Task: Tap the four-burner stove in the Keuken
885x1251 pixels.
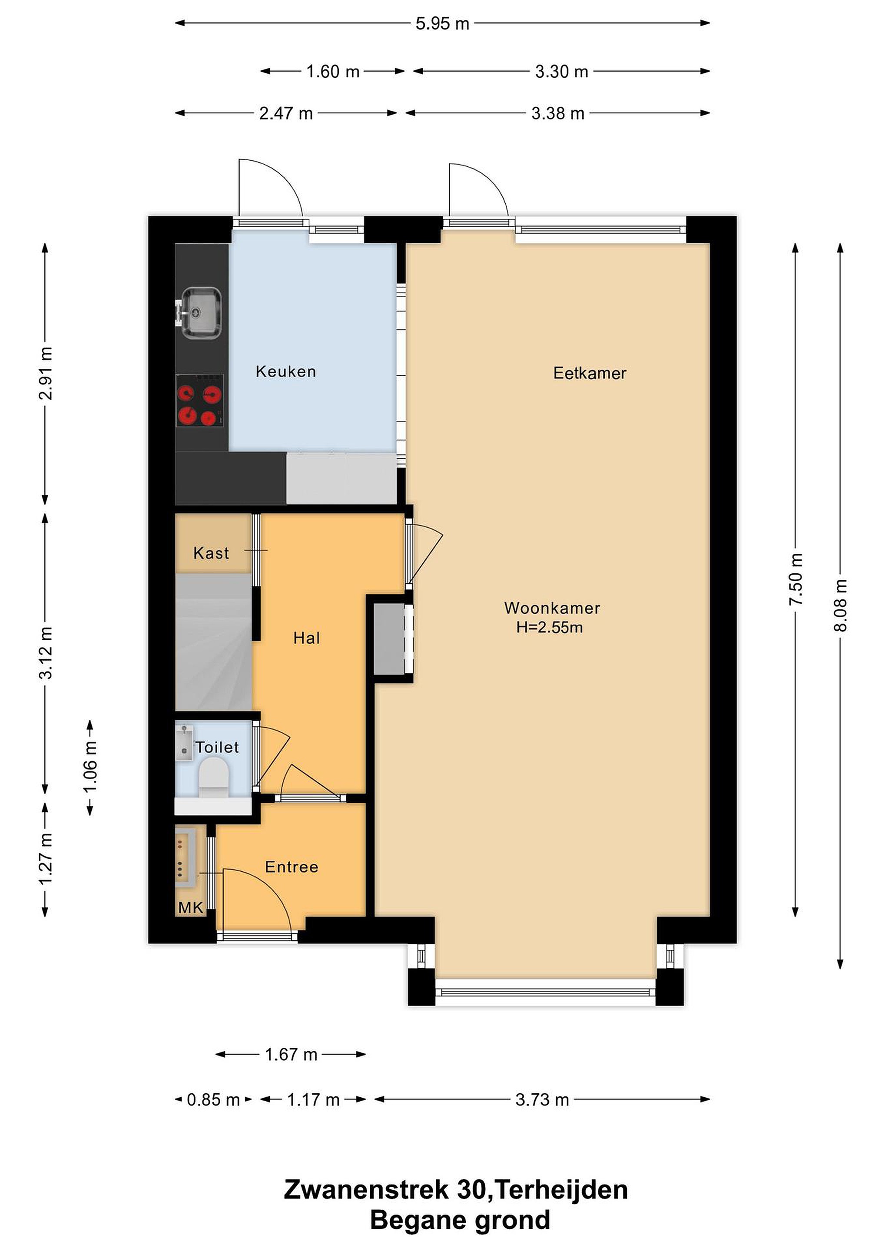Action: pos(199,400)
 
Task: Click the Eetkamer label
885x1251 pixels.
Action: pos(590,373)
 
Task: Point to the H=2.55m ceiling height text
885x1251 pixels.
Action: pos(549,627)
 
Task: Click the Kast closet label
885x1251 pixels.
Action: pos(211,553)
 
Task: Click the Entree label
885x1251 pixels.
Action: pos(292,867)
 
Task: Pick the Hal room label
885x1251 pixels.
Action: pos(306,638)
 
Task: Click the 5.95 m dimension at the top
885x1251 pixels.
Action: pos(442,23)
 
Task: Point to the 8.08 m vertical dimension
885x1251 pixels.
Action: pos(840,606)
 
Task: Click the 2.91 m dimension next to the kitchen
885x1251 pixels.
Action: pos(46,373)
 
